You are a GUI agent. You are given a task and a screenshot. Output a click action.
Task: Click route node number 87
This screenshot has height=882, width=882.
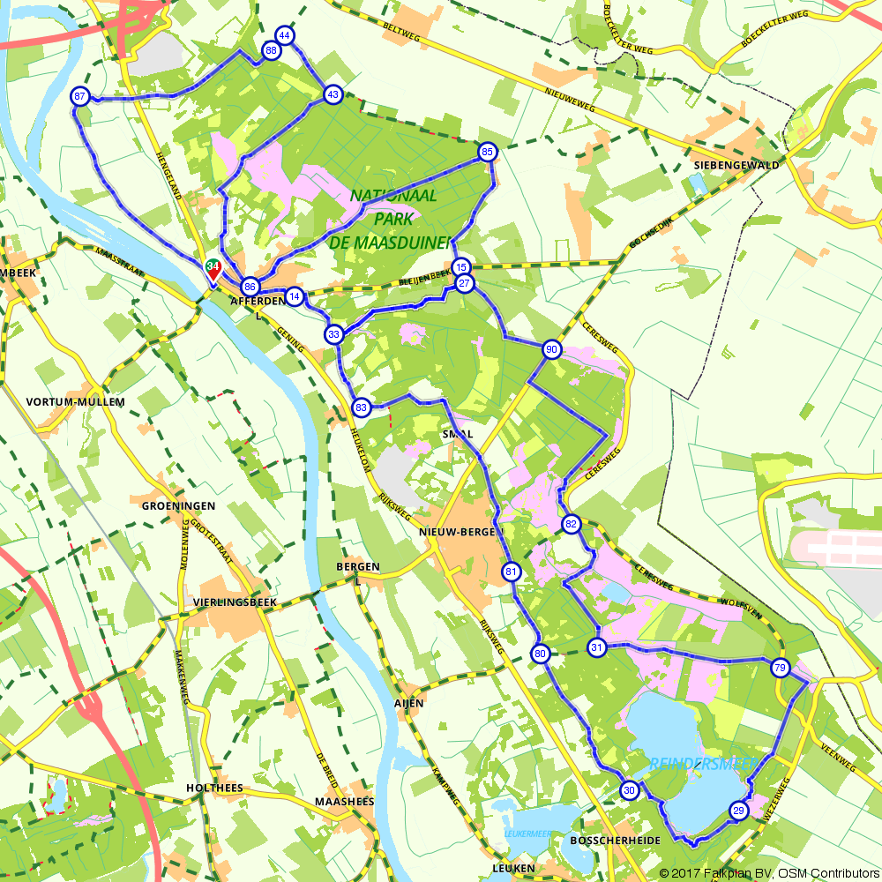pos(80,96)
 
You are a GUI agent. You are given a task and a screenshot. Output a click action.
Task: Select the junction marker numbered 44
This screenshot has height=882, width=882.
pos(284,35)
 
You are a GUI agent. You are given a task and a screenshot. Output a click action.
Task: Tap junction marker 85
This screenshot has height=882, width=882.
pos(487,153)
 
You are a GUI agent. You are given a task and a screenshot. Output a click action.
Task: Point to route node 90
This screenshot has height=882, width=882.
pos(552,349)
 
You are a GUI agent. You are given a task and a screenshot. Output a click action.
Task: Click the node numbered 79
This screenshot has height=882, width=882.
pos(779,667)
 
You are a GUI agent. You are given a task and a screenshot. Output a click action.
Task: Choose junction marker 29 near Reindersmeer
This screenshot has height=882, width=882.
pos(739,811)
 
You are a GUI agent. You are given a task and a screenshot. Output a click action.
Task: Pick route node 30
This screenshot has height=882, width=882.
pos(629,790)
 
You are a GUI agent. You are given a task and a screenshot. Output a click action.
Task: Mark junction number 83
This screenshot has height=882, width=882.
pos(361,407)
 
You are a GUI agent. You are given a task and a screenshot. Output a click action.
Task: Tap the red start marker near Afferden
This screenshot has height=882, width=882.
pos(213,270)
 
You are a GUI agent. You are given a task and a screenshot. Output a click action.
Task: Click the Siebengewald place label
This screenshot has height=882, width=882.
pos(736,165)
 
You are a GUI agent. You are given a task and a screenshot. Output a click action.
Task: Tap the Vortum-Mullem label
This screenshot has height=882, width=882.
pos(76,402)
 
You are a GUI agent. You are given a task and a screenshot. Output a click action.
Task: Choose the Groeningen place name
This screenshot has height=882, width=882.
pos(178,506)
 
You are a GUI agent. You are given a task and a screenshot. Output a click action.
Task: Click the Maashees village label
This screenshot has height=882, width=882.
pos(344,802)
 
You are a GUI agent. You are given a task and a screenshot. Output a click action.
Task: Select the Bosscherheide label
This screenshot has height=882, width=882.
pos(616,841)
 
